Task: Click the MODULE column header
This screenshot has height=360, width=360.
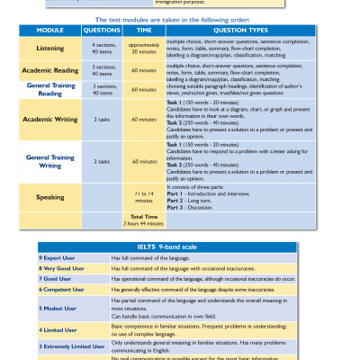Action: tap(49, 29)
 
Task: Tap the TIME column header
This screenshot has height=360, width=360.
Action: tap(144, 29)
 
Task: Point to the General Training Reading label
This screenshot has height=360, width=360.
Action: tap(49, 88)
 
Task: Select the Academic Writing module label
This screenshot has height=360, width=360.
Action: tap(49, 119)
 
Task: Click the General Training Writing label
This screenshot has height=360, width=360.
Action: tap(49, 161)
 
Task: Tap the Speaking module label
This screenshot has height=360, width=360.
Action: tap(49, 196)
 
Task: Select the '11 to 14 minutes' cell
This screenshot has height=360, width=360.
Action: tap(144, 196)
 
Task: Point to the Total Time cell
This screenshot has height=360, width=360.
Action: tap(144, 219)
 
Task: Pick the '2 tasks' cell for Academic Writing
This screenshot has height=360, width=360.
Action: tap(102, 119)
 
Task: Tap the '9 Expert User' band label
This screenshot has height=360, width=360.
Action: tap(58, 257)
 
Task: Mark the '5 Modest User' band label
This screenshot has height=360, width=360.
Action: tap(58, 308)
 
